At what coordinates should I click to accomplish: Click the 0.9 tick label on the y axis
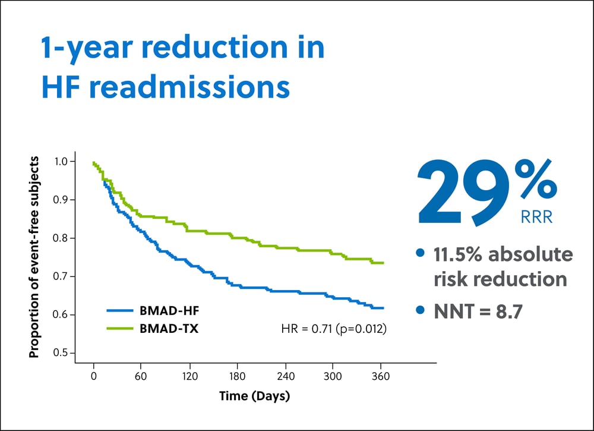tap(61, 200)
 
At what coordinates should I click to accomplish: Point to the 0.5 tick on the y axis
tap(72, 353)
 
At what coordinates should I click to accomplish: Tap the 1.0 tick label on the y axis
tap(61, 162)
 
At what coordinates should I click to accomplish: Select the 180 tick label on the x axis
tap(237, 376)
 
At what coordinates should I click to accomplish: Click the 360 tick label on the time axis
tap(381, 376)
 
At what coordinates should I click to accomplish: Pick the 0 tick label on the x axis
tap(94, 376)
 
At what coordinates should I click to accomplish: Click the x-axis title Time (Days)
tap(255, 396)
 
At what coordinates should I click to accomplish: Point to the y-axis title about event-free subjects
tap(34, 257)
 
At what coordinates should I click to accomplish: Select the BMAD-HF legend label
tap(169, 311)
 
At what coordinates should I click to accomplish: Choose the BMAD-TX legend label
tap(169, 328)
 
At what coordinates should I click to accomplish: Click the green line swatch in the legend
tap(120, 328)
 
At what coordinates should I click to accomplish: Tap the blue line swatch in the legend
tap(120, 311)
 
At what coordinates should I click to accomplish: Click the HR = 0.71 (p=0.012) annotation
tap(334, 328)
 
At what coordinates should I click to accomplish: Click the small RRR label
tap(536, 217)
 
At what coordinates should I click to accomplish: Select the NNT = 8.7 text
tap(478, 312)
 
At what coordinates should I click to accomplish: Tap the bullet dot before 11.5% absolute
tap(420, 253)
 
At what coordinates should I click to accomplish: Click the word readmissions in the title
tap(189, 87)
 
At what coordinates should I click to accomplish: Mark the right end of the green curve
tap(383, 263)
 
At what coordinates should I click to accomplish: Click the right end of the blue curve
tap(383, 308)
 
